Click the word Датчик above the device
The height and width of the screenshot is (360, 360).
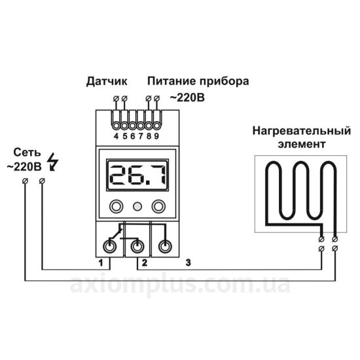tap(107, 82)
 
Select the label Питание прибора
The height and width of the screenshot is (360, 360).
tap(198, 82)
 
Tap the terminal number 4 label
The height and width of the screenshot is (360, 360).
tap(116, 136)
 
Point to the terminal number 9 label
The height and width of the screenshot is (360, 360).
tap(156, 136)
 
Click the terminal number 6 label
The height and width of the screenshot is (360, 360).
tap(132, 136)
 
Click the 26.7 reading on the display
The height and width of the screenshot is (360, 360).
tap(137, 175)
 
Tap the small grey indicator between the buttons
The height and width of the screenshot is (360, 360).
tap(137, 206)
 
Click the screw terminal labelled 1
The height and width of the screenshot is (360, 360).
tap(109, 246)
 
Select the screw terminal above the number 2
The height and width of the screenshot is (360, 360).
tap(137, 246)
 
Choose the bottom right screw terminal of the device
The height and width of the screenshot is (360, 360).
tap(165, 246)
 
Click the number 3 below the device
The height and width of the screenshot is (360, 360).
tap(189, 262)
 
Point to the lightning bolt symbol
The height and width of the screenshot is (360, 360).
tap(52, 162)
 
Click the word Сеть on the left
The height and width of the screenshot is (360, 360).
tap(27, 153)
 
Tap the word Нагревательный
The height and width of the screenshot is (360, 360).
tap(302, 131)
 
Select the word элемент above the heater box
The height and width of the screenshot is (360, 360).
tap(302, 145)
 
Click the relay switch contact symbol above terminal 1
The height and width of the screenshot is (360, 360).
tap(115, 234)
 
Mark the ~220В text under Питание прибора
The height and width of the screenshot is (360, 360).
tap(187, 98)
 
